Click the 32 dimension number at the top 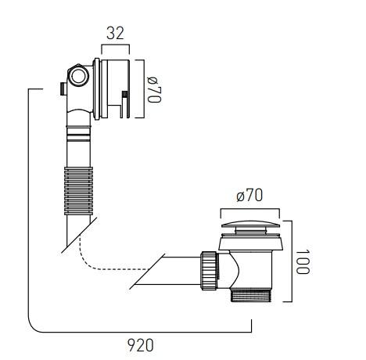114,33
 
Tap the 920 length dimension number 142,344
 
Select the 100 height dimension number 303,261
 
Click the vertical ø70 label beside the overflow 152,90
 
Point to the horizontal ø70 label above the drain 249,196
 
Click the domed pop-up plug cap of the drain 249,228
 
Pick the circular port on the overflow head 78,76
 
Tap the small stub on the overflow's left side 60,88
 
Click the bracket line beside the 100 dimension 291,261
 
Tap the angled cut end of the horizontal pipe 145,271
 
